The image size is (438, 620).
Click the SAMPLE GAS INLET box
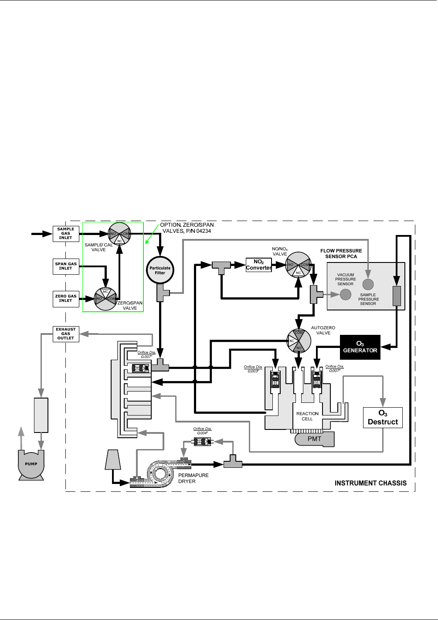click(66, 233)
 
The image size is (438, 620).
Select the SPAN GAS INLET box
click(66, 266)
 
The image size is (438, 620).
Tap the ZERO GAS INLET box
click(66, 298)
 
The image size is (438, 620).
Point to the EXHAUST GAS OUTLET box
click(66, 334)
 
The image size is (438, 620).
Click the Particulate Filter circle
click(160, 270)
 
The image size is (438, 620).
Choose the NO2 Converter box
click(259, 265)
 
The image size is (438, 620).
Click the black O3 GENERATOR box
click(360, 347)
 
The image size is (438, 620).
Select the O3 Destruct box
click(383, 418)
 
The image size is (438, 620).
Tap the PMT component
click(315, 439)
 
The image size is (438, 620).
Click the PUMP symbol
click(31, 464)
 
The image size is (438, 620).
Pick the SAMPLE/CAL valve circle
click(119, 234)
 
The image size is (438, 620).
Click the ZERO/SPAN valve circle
click(106, 299)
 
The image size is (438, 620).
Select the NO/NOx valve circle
click(298, 264)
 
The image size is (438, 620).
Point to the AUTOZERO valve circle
click(299, 340)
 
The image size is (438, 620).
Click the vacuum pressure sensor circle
click(346, 294)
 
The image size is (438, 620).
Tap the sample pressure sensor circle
click(368, 284)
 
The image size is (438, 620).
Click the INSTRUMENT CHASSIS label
click(370, 483)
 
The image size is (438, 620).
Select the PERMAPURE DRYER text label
click(193, 478)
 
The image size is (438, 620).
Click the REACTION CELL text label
click(307, 416)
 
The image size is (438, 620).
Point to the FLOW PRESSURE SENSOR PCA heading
click(341, 253)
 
